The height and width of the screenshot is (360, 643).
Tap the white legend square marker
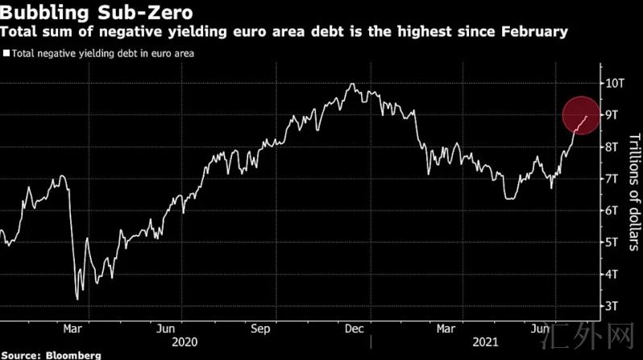click(6, 54)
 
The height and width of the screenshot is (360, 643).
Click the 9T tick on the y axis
click(612, 114)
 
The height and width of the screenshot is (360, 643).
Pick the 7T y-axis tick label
click(612, 178)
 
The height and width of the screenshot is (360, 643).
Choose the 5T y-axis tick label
click(612, 242)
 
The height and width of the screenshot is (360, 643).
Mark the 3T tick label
click(612, 305)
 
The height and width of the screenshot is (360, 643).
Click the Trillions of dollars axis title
click(632, 192)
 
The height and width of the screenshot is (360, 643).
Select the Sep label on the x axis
click(259, 329)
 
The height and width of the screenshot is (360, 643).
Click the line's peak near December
click(351, 83)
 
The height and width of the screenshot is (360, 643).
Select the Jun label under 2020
click(165, 329)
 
